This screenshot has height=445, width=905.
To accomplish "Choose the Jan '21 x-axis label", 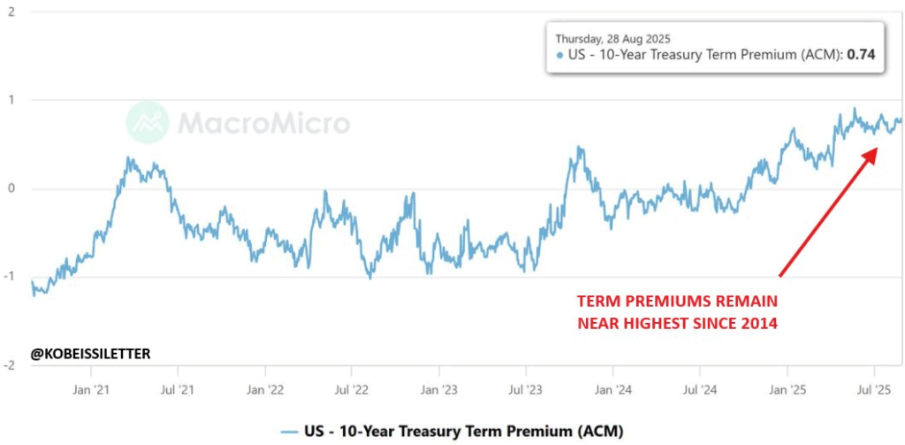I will click(92, 388).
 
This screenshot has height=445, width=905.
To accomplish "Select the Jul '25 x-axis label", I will click(874, 388).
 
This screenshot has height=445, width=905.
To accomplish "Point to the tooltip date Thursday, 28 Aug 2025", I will click(612, 39).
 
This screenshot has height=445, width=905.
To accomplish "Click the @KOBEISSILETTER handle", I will click(91, 354).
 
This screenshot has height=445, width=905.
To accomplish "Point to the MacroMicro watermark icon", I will click(147, 123).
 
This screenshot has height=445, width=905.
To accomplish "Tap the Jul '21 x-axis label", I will click(178, 388).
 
